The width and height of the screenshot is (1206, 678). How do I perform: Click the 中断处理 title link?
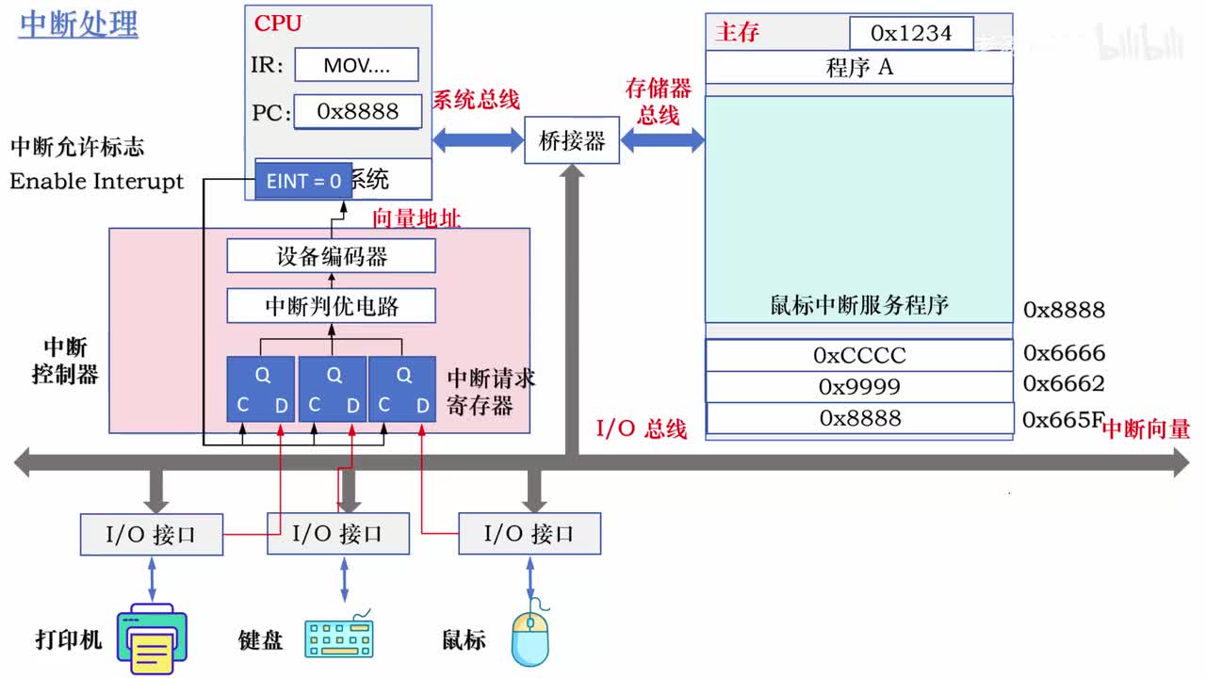point(78,24)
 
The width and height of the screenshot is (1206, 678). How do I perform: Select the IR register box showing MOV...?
point(356,65)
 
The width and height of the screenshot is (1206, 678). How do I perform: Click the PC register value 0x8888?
point(357,111)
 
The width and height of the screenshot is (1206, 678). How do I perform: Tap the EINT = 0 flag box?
point(303,181)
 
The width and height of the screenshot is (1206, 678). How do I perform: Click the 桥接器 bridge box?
point(571,141)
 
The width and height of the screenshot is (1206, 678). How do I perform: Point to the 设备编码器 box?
point(331,256)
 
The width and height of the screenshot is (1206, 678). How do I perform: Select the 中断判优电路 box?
point(331,306)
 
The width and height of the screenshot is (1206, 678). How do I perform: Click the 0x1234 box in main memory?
point(911,33)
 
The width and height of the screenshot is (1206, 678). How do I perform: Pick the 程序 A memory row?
point(858,67)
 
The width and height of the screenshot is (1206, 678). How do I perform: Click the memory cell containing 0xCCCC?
point(858,355)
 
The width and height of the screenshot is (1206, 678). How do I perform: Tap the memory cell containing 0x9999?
point(858,386)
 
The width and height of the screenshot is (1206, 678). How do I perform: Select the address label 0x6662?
point(1064,383)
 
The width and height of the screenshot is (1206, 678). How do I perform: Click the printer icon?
point(152,639)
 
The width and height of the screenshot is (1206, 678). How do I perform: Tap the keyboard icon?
point(339,637)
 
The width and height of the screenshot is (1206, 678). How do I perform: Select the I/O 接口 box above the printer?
point(151,534)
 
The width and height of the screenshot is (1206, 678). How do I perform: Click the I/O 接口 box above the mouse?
point(529,534)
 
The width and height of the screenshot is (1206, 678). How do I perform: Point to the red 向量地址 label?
point(416,218)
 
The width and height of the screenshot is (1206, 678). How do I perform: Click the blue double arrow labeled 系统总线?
point(478,140)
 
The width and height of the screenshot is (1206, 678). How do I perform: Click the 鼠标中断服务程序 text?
point(858,305)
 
